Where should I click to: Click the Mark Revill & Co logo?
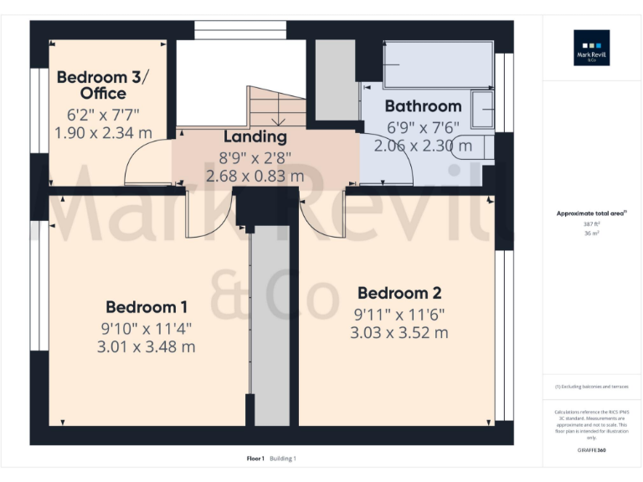tap(591, 48)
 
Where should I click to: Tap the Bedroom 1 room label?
tap(147, 307)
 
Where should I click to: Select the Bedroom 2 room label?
tap(399, 294)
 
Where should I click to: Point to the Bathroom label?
tap(423, 106)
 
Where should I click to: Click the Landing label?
tap(255, 136)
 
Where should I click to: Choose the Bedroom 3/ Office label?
tap(103, 85)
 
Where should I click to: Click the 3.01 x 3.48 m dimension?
tap(147, 346)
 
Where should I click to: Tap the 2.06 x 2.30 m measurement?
tap(423, 146)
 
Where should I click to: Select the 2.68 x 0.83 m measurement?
tap(255, 176)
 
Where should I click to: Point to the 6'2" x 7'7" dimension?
tap(103, 114)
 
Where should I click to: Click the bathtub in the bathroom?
tap(437, 64)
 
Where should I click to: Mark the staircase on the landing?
tap(276, 106)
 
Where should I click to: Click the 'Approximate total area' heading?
tap(591, 214)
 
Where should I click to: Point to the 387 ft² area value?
tap(591, 224)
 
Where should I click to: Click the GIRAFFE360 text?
tap(591, 450)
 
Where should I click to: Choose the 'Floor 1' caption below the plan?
tap(255, 459)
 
